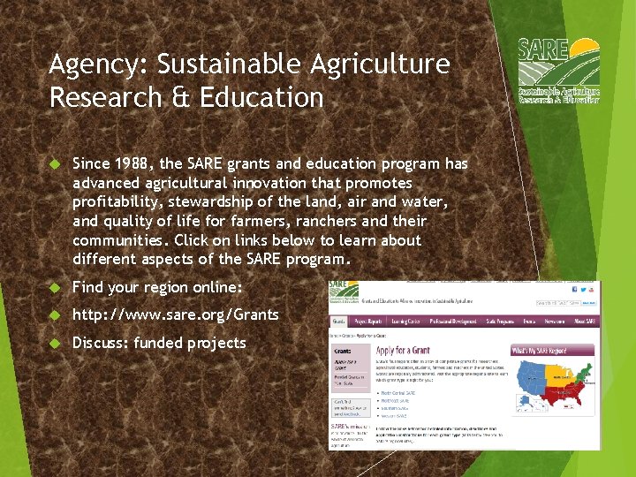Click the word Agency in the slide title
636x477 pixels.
(x=85, y=64)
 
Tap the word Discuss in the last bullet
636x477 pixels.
(x=100, y=343)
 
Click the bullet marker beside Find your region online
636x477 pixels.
(x=54, y=288)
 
